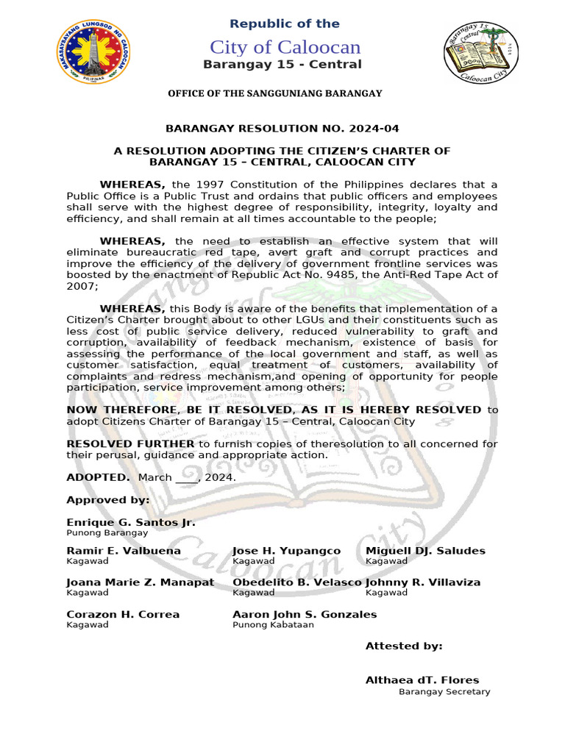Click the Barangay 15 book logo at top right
480,52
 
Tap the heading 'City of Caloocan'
285,47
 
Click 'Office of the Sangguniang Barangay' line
275,93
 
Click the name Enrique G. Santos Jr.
131,522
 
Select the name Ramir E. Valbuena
124,551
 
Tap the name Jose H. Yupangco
286,551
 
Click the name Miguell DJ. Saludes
425,551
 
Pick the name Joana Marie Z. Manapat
141,582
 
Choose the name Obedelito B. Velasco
297,582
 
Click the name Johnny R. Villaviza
423,582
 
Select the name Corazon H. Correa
123,615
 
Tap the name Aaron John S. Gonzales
305,615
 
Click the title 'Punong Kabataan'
273,625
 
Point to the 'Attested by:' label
404,646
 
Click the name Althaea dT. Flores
422,680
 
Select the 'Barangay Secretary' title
444,692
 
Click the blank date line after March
187,478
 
